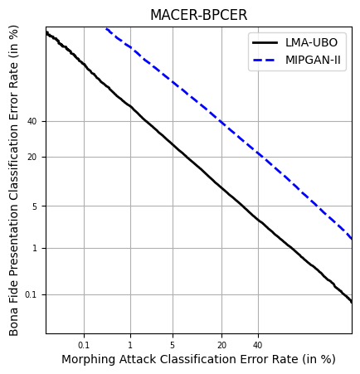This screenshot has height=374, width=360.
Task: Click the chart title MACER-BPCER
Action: (x=198, y=16)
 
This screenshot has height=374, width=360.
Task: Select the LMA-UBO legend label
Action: (x=311, y=42)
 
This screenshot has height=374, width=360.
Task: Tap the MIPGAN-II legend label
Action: (x=314, y=61)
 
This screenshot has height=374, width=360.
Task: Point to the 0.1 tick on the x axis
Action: (x=84, y=345)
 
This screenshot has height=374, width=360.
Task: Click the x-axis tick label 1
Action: (x=129, y=345)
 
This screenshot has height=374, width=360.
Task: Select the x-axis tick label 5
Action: (x=173, y=345)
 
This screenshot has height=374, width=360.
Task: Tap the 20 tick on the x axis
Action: (x=221, y=345)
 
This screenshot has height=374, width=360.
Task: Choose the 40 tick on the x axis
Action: (x=257, y=345)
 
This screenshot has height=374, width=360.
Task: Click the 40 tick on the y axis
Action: (x=32, y=121)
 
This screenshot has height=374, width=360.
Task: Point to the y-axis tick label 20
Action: (x=32, y=157)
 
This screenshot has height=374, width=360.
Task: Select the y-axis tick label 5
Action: (x=35, y=206)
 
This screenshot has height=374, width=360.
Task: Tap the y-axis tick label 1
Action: (x=35, y=248)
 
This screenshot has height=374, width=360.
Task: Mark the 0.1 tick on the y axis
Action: (x=31, y=294)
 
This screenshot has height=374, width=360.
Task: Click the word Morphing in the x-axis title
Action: (x=88, y=359)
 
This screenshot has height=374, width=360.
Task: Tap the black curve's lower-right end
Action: (x=351, y=301)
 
